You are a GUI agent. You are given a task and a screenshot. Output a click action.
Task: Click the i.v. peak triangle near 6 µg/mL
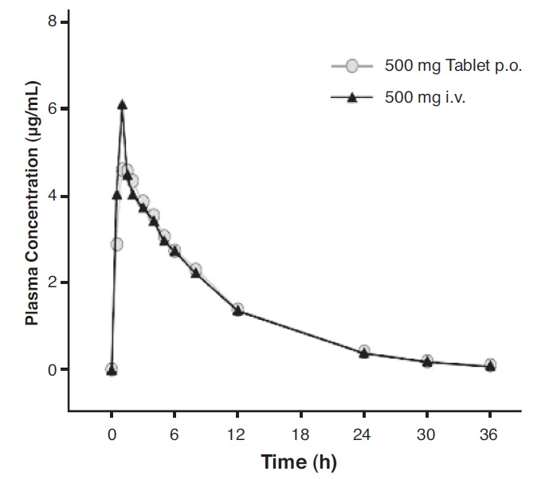122,104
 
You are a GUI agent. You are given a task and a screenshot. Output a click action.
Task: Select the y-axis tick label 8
53,22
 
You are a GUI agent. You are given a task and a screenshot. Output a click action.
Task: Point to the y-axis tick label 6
53,109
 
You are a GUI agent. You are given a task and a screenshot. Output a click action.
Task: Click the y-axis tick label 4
53,197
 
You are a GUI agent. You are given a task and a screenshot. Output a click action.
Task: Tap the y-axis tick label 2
53,283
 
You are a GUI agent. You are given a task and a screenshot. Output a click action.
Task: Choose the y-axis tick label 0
53,370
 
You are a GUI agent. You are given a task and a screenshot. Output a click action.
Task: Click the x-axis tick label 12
237,434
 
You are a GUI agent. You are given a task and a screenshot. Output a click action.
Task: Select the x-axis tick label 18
300,434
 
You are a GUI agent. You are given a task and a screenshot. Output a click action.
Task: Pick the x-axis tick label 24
364,434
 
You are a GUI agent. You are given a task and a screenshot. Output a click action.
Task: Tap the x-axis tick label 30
427,434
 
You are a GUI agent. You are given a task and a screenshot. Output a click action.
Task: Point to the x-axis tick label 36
490,434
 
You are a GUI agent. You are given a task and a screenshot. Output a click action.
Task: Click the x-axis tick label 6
175,434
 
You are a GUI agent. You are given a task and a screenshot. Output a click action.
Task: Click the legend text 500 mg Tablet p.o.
453,66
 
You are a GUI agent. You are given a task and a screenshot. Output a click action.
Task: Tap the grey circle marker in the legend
352,66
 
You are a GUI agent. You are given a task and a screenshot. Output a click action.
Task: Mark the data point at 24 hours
364,352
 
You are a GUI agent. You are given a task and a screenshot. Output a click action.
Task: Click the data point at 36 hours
490,365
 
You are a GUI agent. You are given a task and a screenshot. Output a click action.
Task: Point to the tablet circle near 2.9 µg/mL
116,243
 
